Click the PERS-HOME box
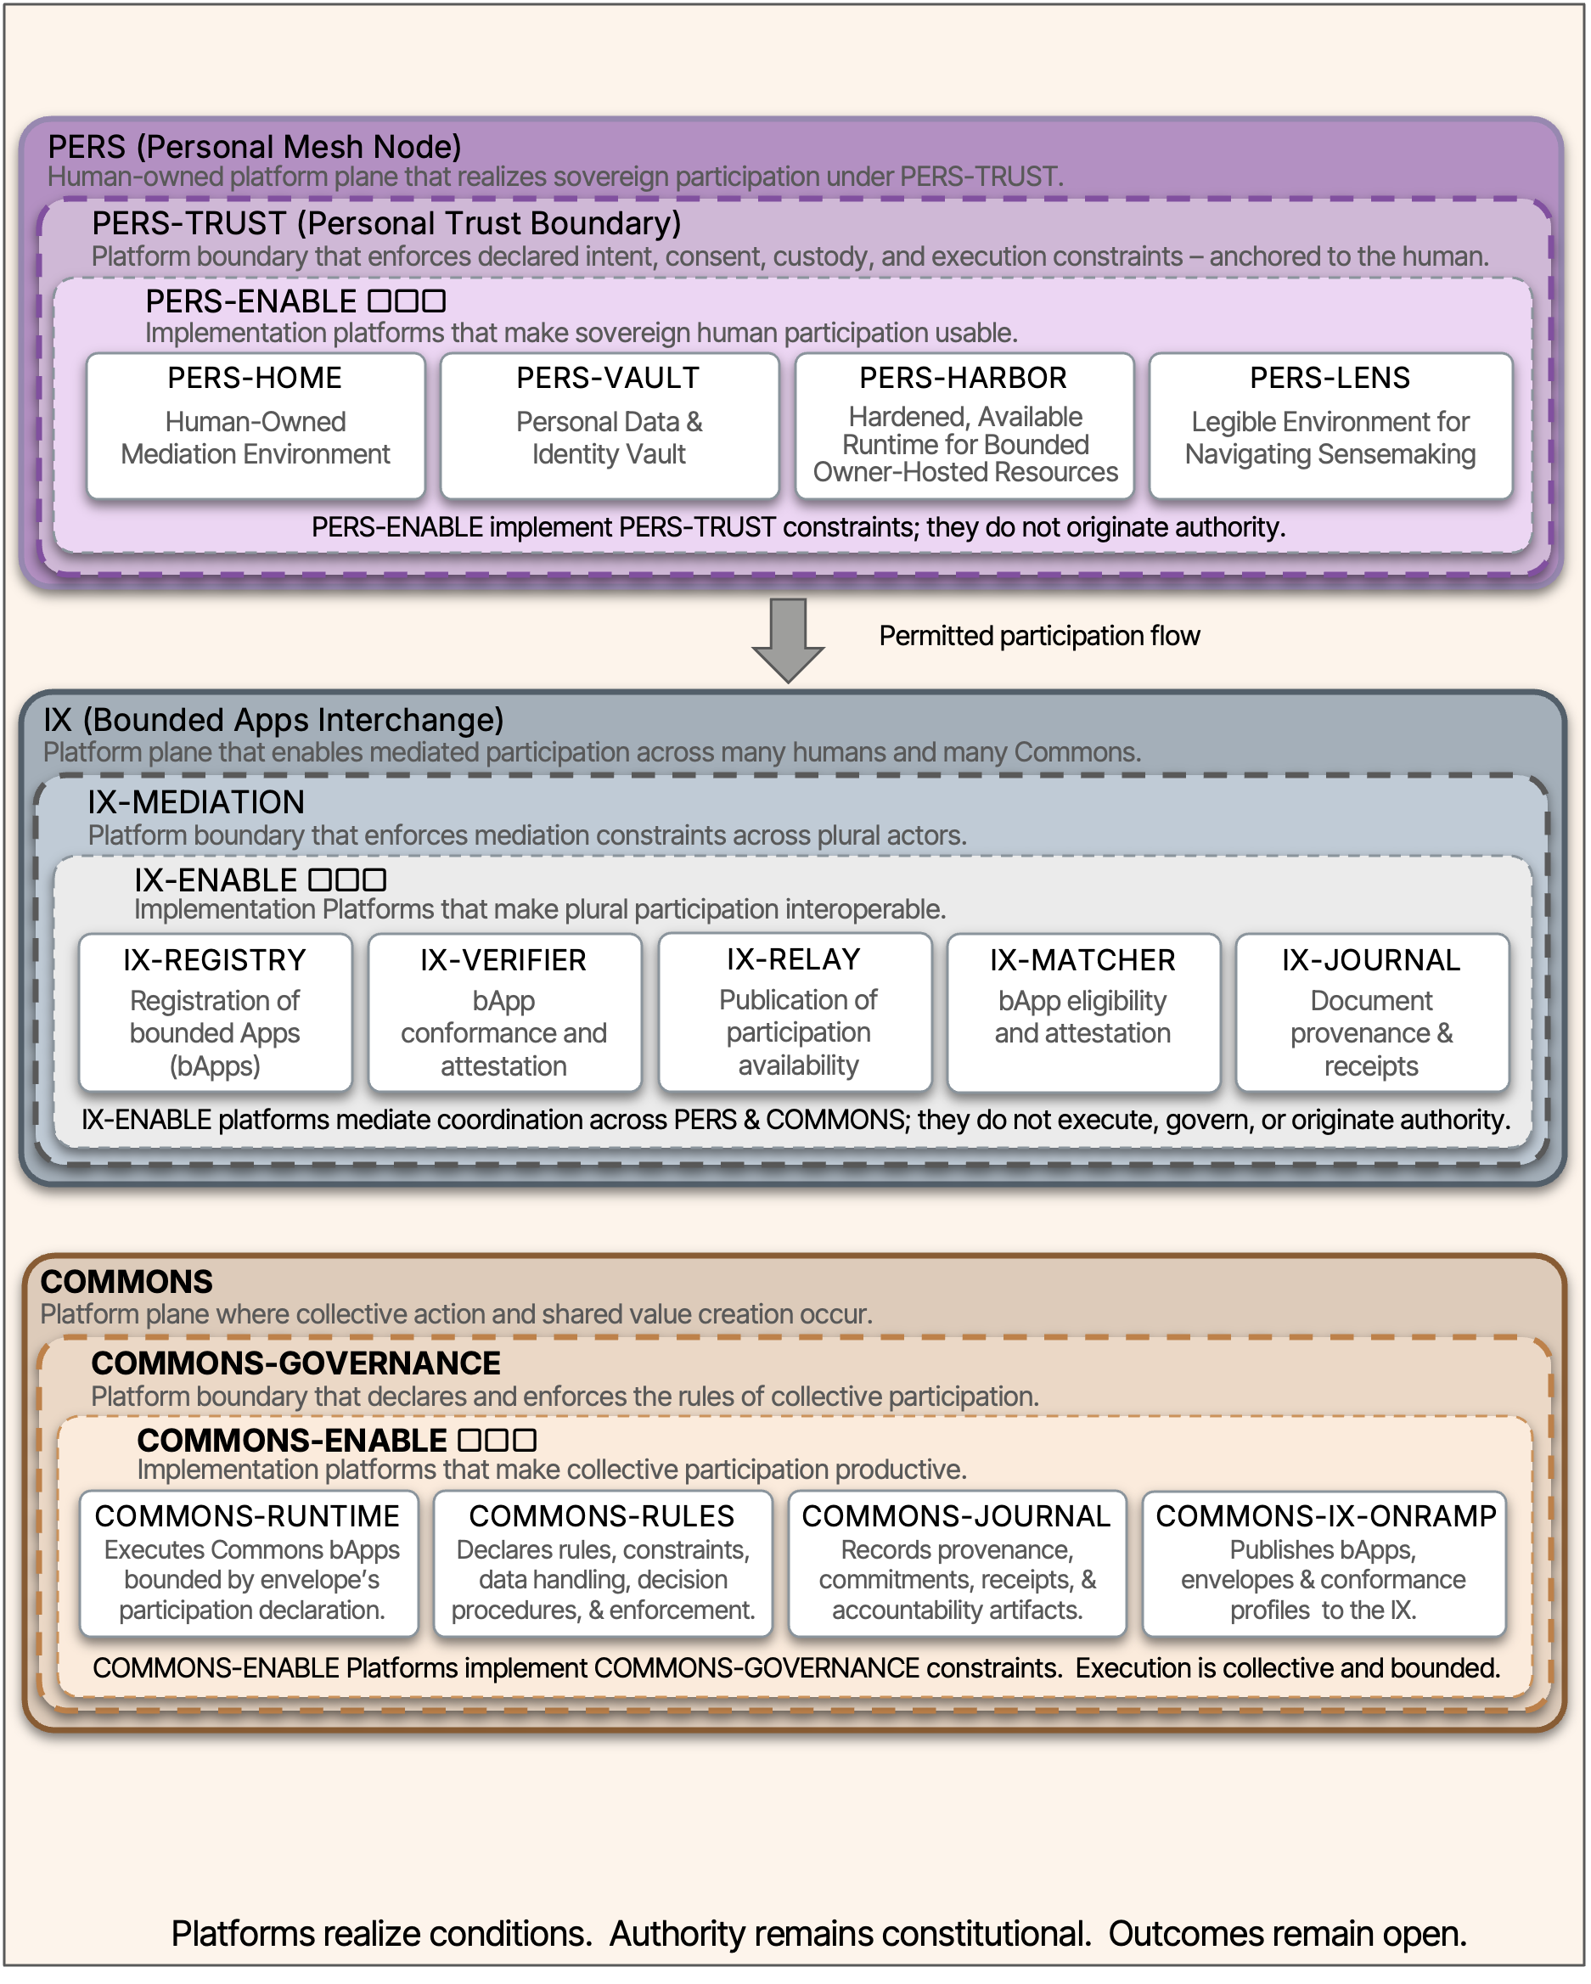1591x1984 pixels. (x=255, y=426)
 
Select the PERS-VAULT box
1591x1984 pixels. (x=610, y=426)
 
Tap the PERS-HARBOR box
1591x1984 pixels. (x=964, y=426)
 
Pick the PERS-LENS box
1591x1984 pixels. (x=1330, y=426)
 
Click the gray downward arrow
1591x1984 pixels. (x=788, y=639)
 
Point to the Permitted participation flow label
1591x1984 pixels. (x=1039, y=636)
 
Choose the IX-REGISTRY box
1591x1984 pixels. (x=215, y=1012)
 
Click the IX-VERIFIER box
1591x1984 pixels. (x=503, y=1012)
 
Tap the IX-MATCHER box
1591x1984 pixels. (x=1083, y=1012)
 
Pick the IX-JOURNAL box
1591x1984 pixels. (x=1371, y=1012)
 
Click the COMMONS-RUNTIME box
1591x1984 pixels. (x=249, y=1564)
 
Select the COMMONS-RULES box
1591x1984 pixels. (x=602, y=1564)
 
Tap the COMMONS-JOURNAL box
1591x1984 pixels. (x=956, y=1564)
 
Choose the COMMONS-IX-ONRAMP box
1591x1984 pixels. (x=1324, y=1564)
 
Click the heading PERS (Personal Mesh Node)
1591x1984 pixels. (x=254, y=146)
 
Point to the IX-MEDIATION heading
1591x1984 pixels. (x=195, y=801)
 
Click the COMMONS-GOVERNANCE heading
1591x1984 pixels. (x=295, y=1363)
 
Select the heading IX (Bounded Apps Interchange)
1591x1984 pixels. (x=273, y=720)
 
